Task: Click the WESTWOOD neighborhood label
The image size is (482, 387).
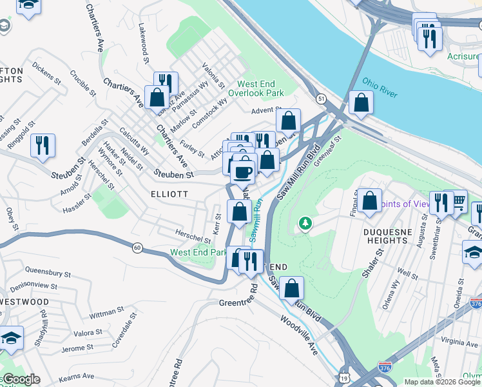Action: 24,301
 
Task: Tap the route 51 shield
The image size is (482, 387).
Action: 321,97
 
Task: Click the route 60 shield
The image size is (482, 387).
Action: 137,247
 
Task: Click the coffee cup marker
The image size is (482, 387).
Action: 244,171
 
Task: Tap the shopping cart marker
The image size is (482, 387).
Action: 458,201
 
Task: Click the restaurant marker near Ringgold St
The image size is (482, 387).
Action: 43,145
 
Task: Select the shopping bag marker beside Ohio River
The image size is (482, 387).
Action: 361,103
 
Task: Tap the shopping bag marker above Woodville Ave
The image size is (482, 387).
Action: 292,288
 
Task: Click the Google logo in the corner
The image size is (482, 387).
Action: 21,379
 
